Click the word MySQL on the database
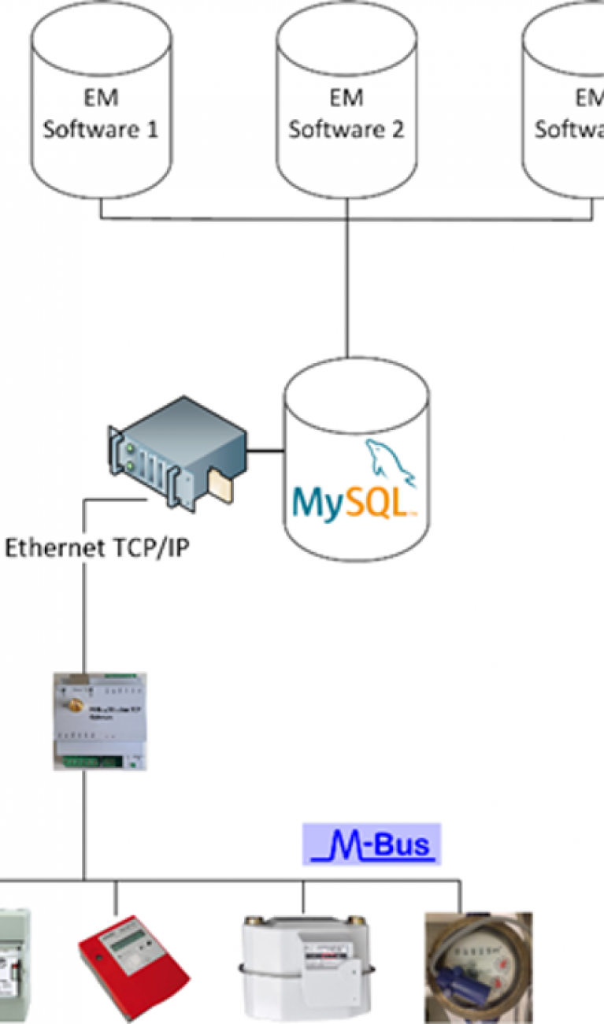pos(352,503)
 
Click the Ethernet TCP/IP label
pos(98,548)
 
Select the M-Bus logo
pos(372,844)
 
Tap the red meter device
pos(134,966)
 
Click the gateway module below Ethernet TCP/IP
pos(100,720)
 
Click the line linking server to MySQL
pos(266,452)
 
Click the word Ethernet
pos(52,548)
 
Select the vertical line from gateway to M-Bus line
pos(84,823)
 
